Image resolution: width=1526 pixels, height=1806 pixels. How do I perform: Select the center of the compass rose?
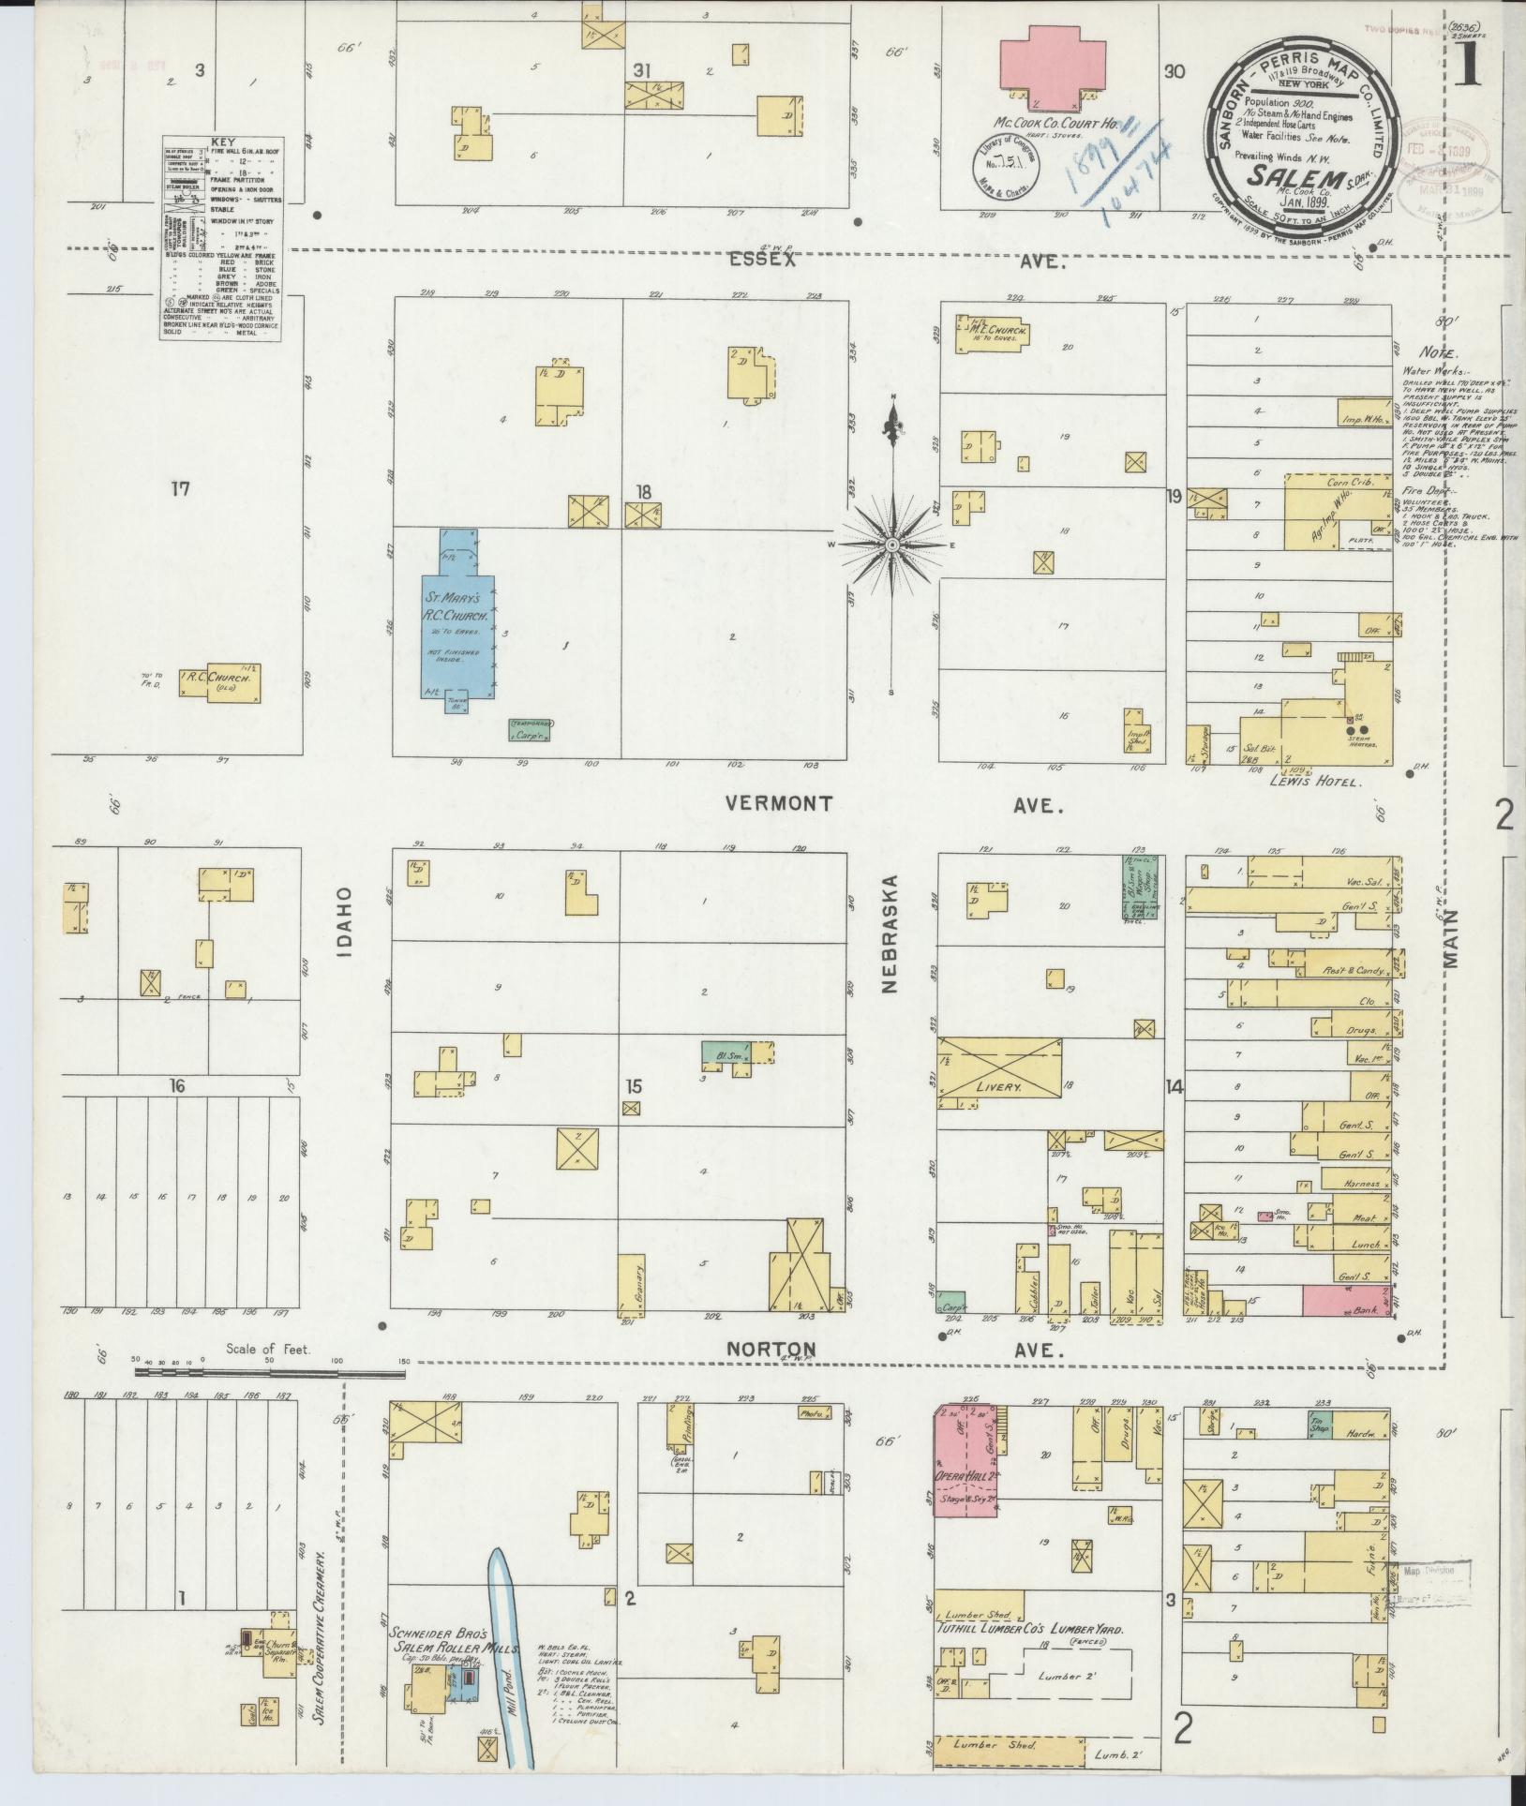pos(893,545)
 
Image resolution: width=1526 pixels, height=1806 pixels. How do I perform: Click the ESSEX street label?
pos(761,261)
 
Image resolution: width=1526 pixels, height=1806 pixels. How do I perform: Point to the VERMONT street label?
pos(779,804)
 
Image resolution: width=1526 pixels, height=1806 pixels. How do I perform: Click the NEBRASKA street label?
pos(891,933)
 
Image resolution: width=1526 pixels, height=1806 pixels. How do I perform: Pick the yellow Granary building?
pos(632,1285)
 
